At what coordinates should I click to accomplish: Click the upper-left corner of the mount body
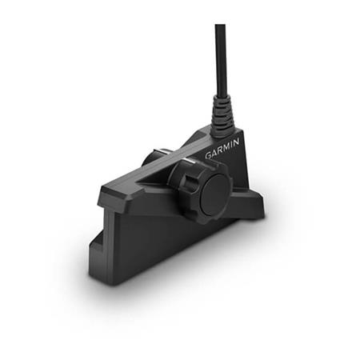[103, 192]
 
